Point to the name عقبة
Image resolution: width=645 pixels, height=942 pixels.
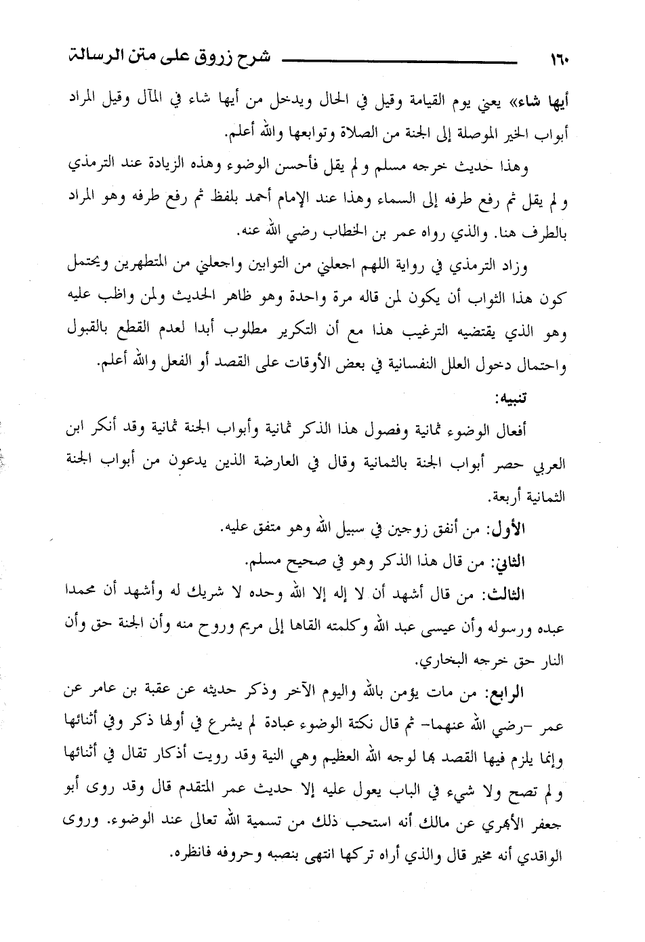[163, 693]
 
